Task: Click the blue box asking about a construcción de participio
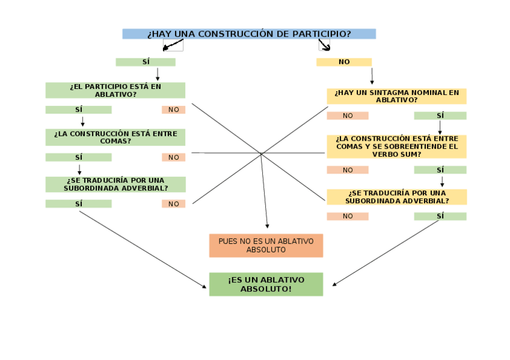click(x=249, y=34)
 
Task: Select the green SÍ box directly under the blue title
click(x=146, y=62)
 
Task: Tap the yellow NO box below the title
click(x=344, y=62)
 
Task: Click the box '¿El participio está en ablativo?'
click(x=115, y=90)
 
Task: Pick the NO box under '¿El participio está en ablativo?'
click(x=174, y=110)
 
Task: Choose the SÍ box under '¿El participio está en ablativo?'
click(x=79, y=110)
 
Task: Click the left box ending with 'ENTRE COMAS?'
click(x=115, y=137)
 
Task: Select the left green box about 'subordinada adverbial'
click(x=115, y=184)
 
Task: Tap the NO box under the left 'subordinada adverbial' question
click(x=174, y=204)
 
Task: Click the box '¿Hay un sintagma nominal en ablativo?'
click(x=396, y=96)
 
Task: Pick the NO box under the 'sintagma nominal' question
click(x=348, y=115)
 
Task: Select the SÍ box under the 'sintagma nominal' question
click(x=440, y=115)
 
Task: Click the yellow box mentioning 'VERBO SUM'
click(x=396, y=146)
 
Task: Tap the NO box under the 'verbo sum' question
click(x=348, y=170)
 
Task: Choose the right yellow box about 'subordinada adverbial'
click(x=396, y=197)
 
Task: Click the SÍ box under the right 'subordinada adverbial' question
click(x=440, y=216)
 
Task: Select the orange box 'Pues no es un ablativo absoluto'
click(x=266, y=245)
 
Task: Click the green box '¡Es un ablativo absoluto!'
click(x=266, y=284)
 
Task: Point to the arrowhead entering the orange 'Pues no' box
click(x=267, y=226)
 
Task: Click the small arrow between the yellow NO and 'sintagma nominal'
click(x=372, y=76)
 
